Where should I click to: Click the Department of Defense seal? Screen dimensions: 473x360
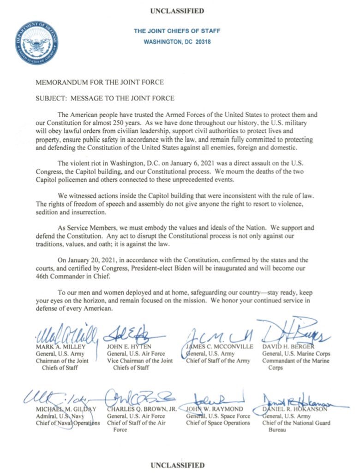36,42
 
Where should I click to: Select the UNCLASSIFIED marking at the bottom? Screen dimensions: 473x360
177,464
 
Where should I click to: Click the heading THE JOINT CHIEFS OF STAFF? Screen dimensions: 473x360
177,31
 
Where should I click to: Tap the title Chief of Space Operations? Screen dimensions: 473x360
218,423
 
